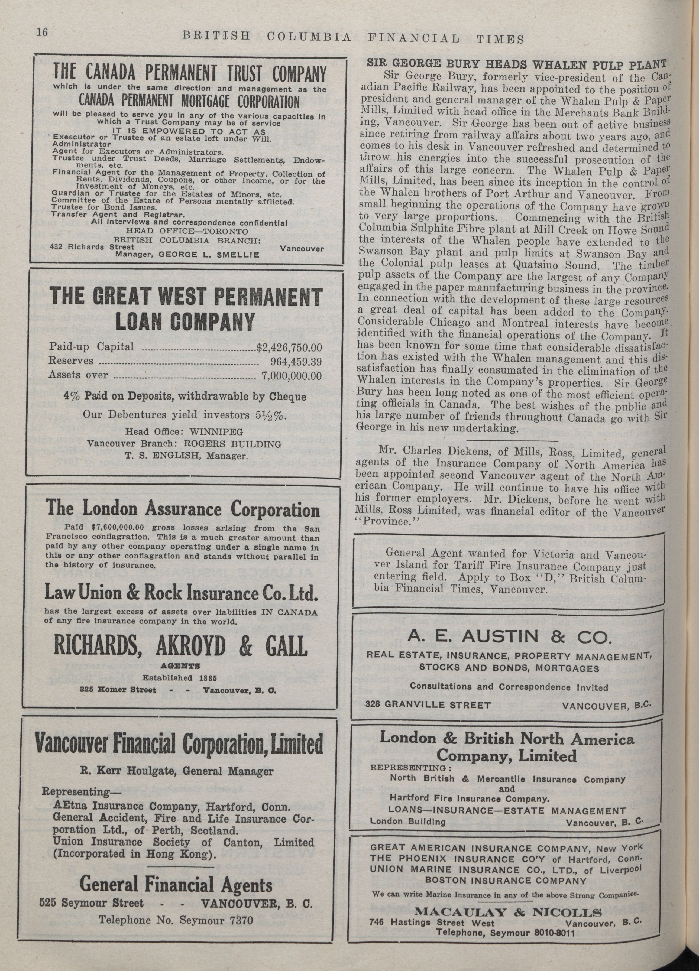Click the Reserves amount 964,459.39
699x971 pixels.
click(x=296, y=361)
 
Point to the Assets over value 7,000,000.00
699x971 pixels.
click(x=291, y=376)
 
